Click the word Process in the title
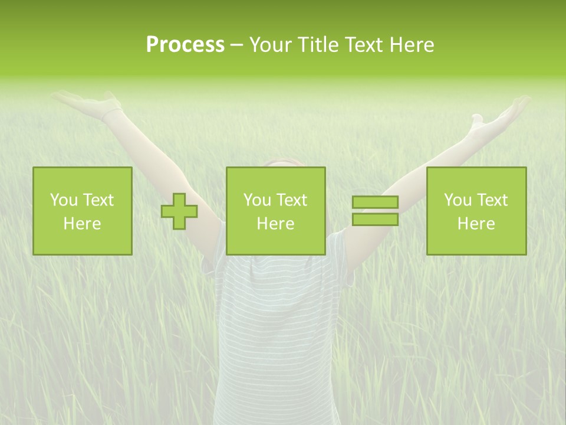185,45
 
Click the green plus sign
179,211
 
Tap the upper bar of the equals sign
375,202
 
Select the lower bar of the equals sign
375,219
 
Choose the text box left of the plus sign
83,211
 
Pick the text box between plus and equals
275,211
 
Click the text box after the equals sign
476,211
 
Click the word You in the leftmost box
62,200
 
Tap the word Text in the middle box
291,200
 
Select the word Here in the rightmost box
476,224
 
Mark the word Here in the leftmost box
83,224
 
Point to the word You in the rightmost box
456,200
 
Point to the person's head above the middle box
282,162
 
